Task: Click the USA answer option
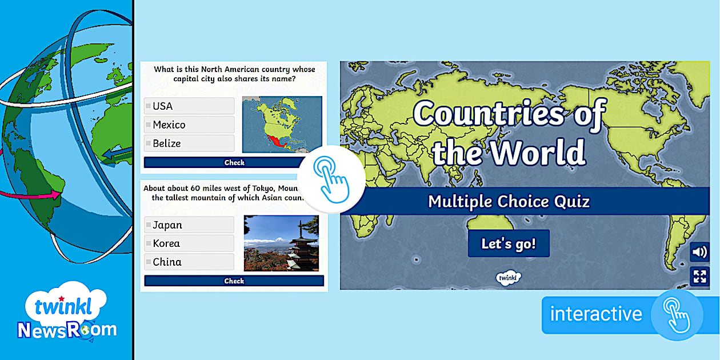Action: [189, 106]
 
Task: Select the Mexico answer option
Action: [189, 125]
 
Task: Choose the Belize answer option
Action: [189, 143]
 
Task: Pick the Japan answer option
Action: [189, 225]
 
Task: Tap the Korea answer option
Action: [189, 243]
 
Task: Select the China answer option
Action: [189, 262]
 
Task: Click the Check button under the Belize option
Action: [234, 162]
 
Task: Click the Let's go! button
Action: [509, 243]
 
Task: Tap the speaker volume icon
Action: [699, 252]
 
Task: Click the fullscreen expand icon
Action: [699, 277]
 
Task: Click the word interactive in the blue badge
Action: [596, 314]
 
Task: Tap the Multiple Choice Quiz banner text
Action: [509, 201]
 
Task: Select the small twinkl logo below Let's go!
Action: [508, 278]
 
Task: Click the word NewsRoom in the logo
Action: [67, 330]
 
